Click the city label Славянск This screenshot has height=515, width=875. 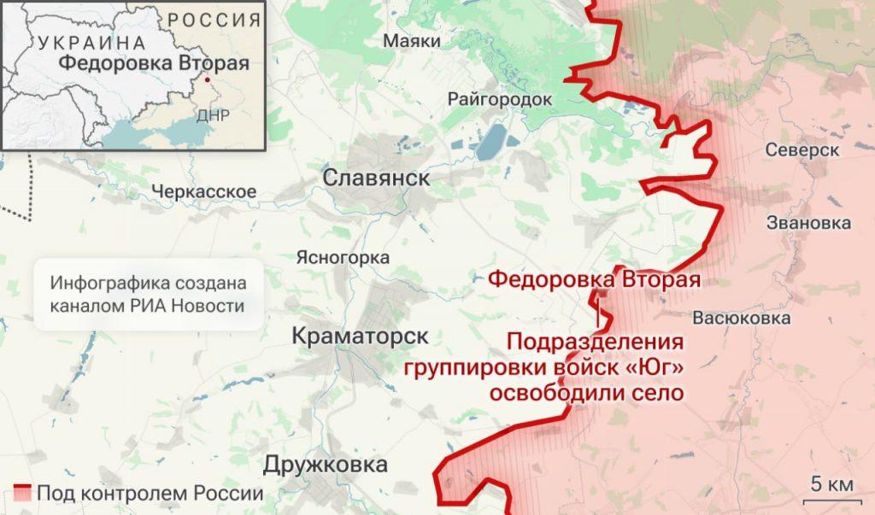coord(377,177)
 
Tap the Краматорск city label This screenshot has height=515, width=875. coord(360,336)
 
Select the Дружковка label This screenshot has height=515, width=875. coord(326,465)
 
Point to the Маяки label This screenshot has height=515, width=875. coord(412,41)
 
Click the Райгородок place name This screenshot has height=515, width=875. coord(500,99)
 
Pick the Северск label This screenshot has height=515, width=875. coord(802,149)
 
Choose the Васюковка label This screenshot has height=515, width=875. coord(742,319)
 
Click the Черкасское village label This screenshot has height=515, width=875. coord(203,191)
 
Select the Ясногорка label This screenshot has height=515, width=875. coord(343,257)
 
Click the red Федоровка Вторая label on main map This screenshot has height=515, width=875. coord(594,279)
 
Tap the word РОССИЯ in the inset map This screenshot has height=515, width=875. coord(214,20)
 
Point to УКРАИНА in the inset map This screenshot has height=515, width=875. coord(91,43)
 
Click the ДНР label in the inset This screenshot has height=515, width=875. coord(212,116)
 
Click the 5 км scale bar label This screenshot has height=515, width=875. coord(831,484)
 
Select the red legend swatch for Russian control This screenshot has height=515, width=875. coord(22,493)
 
